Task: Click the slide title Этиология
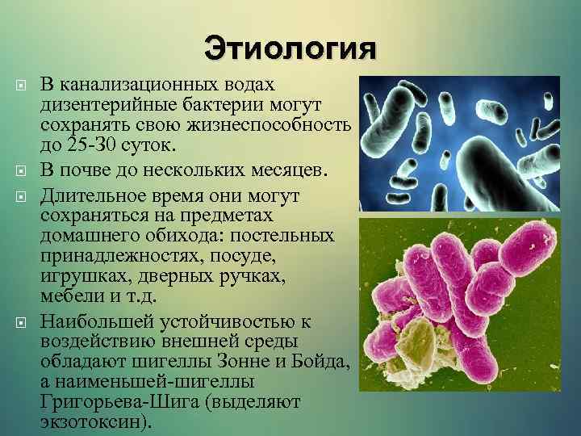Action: (x=290, y=47)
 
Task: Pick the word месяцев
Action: (x=284, y=167)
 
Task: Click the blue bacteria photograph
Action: (x=458, y=143)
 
